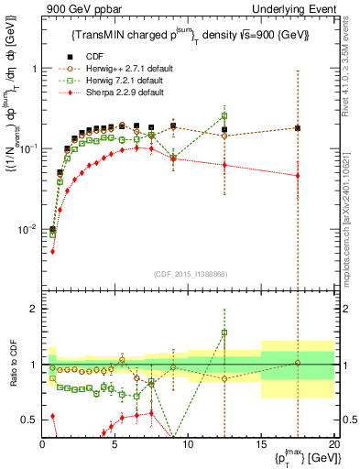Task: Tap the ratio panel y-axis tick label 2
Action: tap(32, 309)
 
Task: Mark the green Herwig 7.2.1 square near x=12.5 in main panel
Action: tap(224, 115)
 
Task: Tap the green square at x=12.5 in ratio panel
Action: tap(224, 333)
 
